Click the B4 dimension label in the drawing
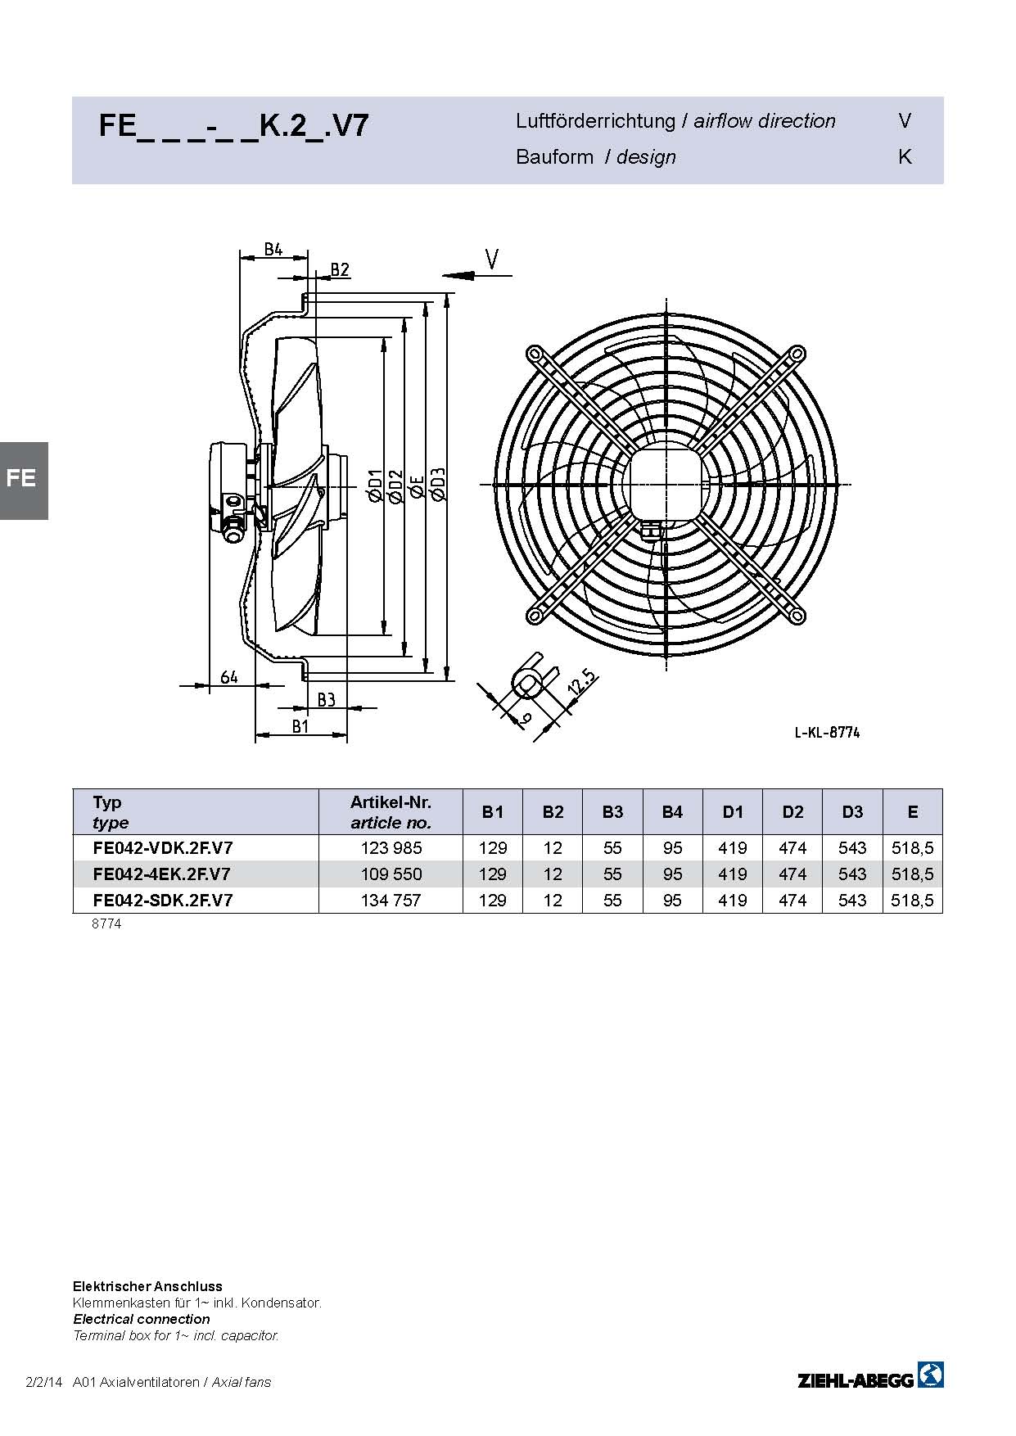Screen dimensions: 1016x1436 coord(273,249)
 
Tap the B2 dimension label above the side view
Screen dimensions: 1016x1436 coord(340,269)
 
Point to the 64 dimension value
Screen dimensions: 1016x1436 coord(229,676)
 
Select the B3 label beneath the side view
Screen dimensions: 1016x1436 coord(326,699)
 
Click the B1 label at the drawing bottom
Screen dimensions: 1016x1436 coord(300,725)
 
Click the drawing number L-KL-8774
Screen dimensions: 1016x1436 coord(827,733)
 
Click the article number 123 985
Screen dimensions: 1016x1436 coord(391,848)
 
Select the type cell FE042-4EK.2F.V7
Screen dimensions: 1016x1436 coord(162,874)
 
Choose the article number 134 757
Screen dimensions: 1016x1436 coord(391,901)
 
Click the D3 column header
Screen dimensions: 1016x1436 coord(852,812)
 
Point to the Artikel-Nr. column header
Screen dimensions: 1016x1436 coord(391,802)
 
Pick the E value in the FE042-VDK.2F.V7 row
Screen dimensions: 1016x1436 coord(913,848)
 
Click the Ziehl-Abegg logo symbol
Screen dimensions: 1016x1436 coord(931,1375)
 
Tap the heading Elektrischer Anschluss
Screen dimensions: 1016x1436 coord(147,1286)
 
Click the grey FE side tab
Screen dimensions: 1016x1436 coord(24,481)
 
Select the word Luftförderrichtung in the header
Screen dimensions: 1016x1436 coord(595,121)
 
